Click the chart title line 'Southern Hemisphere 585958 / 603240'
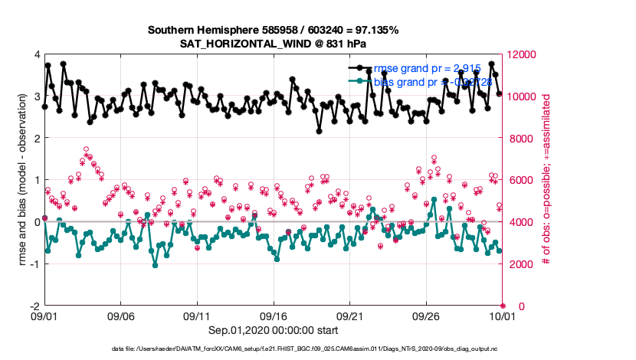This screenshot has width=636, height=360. [x=273, y=31]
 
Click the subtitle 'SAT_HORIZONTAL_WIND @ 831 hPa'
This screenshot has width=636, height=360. [x=273, y=44]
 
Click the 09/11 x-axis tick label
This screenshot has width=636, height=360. [x=197, y=315]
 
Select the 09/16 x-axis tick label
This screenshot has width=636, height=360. [x=274, y=315]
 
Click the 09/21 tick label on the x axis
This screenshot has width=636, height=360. [x=349, y=315]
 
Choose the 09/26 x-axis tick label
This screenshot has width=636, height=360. [x=426, y=315]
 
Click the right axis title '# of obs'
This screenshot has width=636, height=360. [x=546, y=180]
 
